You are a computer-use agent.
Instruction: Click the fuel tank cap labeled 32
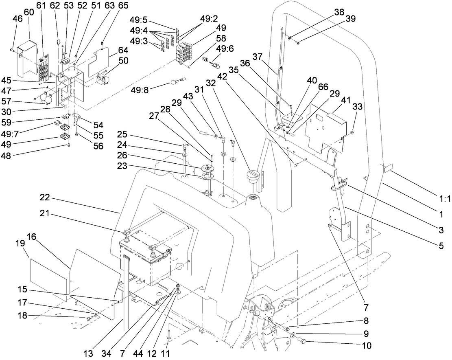(x=253, y=178)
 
